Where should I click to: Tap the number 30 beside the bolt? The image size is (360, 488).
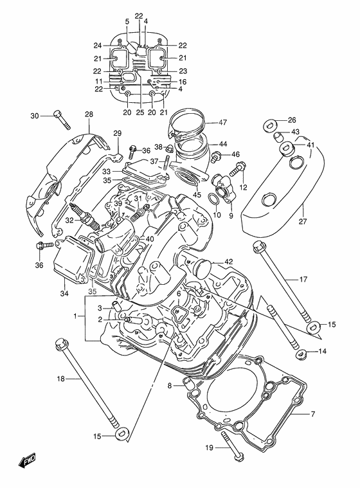coord(35,116)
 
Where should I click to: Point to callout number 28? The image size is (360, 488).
coord(89,114)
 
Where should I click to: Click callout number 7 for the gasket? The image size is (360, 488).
coord(312,413)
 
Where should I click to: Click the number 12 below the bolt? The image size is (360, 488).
coord(244,187)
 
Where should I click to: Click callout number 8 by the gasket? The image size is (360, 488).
coord(170,386)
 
